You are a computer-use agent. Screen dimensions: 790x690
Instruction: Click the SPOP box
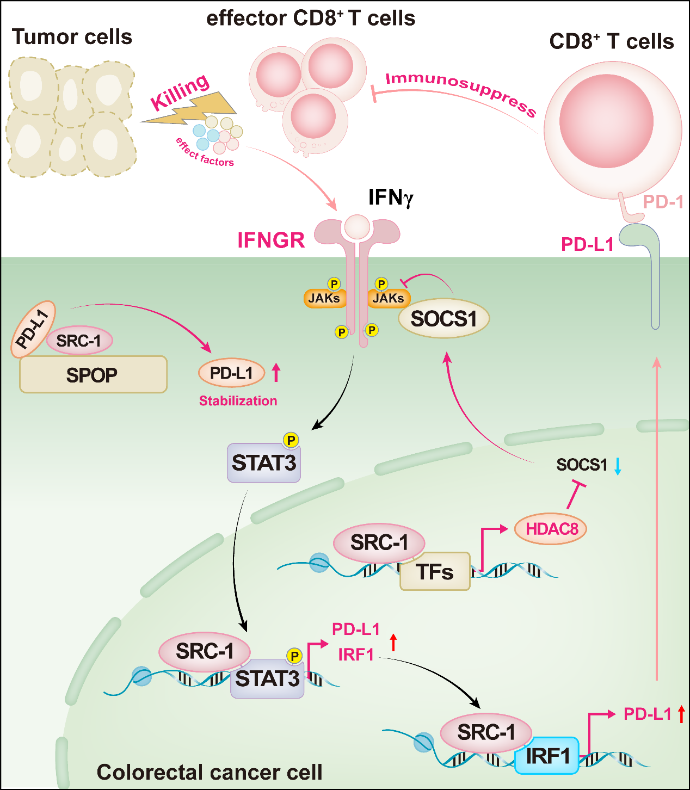(x=93, y=375)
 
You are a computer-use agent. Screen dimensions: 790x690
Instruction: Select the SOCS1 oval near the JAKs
(x=443, y=318)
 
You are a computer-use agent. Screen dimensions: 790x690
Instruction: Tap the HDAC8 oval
(x=550, y=528)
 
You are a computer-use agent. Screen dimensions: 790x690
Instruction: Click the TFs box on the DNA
(x=435, y=572)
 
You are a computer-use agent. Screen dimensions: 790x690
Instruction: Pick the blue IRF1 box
(x=547, y=756)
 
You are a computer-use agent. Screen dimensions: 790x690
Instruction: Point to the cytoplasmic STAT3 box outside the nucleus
(x=264, y=463)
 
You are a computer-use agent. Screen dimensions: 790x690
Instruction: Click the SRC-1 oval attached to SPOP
(x=79, y=341)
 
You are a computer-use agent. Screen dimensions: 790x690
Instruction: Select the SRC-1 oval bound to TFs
(x=379, y=542)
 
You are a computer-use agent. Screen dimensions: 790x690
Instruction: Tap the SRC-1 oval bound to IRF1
(x=485, y=732)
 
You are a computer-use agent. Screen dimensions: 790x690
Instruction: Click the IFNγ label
(x=391, y=197)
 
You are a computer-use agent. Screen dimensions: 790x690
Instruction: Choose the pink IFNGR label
(x=271, y=240)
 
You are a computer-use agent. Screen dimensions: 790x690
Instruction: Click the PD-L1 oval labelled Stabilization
(x=232, y=373)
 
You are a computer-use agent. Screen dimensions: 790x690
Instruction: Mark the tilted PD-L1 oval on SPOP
(x=33, y=329)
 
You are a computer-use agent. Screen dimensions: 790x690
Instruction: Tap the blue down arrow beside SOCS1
(x=618, y=466)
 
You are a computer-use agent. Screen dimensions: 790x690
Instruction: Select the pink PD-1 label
(x=663, y=202)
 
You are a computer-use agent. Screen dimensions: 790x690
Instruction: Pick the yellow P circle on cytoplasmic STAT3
(x=291, y=440)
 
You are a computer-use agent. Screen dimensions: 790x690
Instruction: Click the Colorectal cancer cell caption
(x=210, y=772)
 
